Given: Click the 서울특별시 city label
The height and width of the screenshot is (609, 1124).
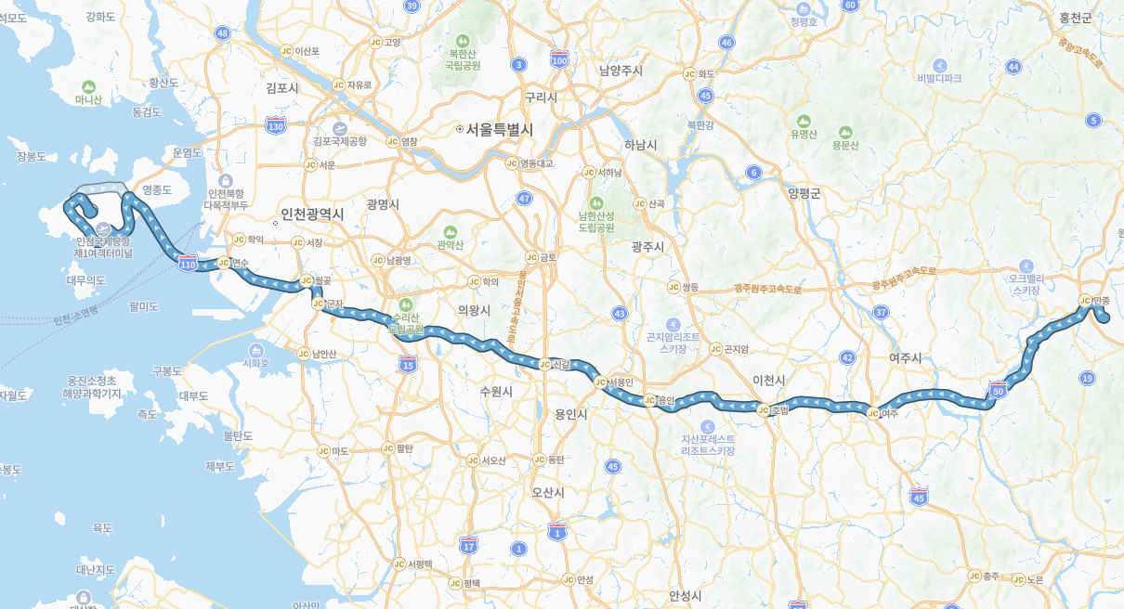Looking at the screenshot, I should (500, 130).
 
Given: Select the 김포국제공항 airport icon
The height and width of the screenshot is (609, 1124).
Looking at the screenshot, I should (340, 128).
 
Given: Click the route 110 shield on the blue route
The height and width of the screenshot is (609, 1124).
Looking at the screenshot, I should (188, 265).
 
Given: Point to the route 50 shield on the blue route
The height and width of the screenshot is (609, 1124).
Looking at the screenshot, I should (999, 390).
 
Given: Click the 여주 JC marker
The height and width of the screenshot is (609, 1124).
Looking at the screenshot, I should (872, 413).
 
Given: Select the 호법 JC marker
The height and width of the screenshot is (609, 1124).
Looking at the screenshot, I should (763, 409).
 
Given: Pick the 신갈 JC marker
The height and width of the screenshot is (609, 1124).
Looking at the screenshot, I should (544, 364).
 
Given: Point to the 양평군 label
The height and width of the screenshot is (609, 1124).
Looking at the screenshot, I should (804, 193).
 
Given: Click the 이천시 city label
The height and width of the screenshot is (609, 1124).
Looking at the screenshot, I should (769, 381).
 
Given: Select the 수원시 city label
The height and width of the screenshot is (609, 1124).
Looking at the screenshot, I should (496, 392).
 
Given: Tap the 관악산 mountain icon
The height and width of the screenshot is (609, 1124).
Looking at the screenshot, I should (451, 231).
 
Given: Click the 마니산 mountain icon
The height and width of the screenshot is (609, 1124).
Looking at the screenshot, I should (89, 85).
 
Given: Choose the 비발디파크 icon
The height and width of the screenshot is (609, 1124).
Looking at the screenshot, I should (939, 65).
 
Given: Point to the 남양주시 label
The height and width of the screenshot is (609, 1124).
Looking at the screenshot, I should (621, 70).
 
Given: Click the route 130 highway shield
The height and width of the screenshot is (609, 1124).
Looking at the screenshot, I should (276, 125).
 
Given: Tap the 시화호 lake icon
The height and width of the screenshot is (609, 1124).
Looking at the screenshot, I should (255, 350).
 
